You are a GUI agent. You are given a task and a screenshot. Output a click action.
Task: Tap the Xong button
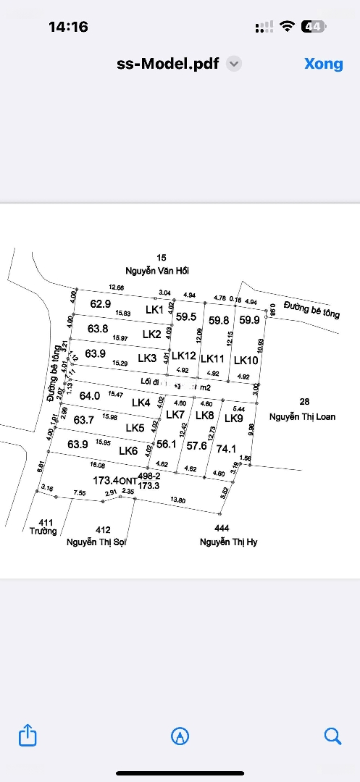click(323, 64)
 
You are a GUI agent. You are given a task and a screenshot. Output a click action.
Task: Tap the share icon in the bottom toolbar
click(27, 736)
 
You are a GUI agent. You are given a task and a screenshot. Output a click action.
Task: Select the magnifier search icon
click(332, 736)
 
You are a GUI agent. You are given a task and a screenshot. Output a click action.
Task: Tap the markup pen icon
click(180, 736)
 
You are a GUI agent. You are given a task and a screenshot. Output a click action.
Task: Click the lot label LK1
click(154, 310)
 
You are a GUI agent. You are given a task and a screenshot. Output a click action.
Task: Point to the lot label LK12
click(184, 356)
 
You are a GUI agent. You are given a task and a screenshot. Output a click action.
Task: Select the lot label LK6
click(128, 450)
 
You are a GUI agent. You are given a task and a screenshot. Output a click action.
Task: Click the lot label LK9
click(233, 418)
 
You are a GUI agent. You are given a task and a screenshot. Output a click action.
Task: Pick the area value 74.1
click(227, 449)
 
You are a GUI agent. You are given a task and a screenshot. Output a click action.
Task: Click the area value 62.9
click(100, 304)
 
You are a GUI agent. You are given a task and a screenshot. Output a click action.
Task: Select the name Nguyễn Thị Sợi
click(96, 542)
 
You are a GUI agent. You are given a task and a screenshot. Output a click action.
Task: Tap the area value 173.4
click(106, 480)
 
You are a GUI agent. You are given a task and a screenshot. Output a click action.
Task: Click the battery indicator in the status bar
click(314, 27)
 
